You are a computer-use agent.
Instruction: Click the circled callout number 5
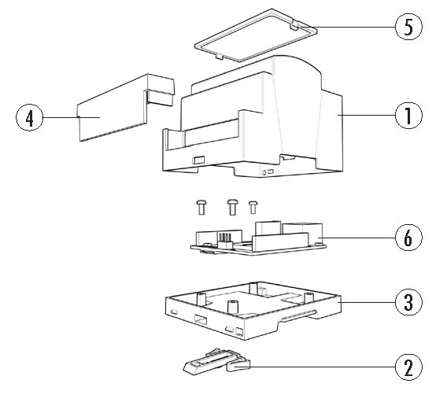[408, 27]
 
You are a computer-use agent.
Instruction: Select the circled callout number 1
[408, 115]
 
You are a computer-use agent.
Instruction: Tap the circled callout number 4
[29, 117]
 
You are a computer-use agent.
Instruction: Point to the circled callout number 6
[408, 238]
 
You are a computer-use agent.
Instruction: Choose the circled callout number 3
[408, 302]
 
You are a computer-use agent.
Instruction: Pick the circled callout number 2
[408, 367]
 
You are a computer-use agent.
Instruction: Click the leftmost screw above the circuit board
[201, 207]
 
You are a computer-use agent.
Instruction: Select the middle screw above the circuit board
[232, 207]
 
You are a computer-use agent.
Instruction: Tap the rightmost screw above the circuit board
[253, 207]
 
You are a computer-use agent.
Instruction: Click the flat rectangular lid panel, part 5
[256, 35]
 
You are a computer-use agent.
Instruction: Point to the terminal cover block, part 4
[125, 108]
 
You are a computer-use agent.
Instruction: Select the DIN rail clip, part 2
[216, 361]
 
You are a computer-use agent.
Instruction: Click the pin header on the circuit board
[225, 240]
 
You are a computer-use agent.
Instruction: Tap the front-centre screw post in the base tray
[233, 307]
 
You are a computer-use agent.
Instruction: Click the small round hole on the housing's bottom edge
[264, 172]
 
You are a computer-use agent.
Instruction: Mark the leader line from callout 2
[323, 367]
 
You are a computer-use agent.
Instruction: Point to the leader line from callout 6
[357, 238]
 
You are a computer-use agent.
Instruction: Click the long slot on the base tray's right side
[298, 315]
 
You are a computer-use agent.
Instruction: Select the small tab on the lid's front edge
[219, 56]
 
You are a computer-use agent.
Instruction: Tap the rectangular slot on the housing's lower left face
[198, 160]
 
